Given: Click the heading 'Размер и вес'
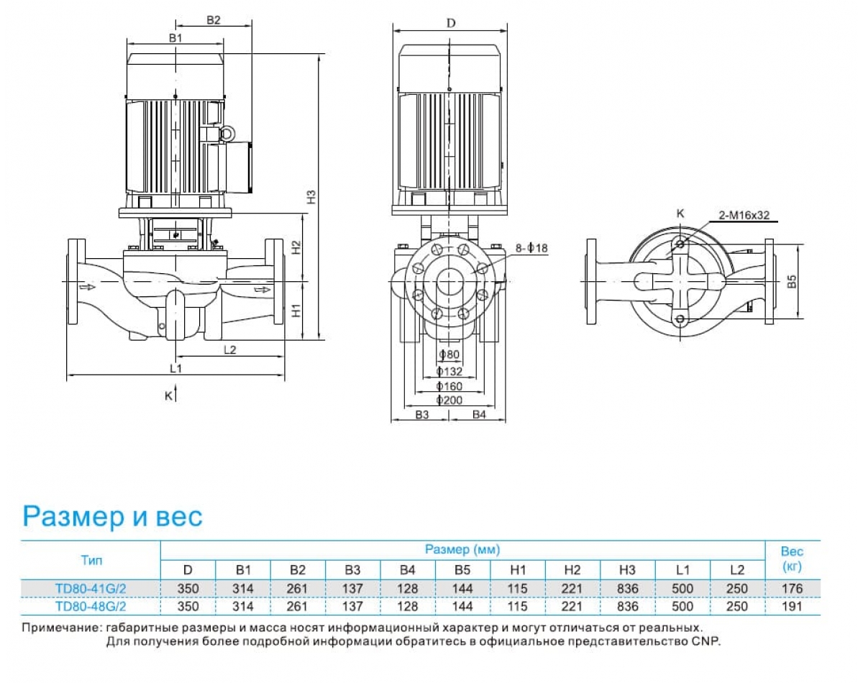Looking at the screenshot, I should pos(113,515).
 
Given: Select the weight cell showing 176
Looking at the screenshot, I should pos(792,588).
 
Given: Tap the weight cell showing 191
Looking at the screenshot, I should pos(792,606).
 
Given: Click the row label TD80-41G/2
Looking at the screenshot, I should pos(91,588).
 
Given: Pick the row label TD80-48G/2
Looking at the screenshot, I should pos(91,606).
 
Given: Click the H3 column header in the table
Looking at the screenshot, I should pos(627,570).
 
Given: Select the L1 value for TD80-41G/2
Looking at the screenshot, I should pos(682,588).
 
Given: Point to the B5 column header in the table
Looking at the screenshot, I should pos(462,570).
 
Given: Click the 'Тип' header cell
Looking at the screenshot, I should pos(91,559).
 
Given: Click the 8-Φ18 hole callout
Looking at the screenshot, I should pos(531,248).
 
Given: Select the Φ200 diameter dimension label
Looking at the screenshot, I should pos(450,400).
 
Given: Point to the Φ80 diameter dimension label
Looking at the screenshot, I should pos(449,354).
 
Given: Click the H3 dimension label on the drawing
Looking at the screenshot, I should pos(311,197).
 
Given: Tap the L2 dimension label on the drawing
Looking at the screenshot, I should pos(230,349).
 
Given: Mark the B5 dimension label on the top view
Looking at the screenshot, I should pos(792,281).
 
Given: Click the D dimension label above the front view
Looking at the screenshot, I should pos(451,22).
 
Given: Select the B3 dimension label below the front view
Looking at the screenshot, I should pos(422,415).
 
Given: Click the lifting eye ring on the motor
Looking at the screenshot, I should pos(227,133).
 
